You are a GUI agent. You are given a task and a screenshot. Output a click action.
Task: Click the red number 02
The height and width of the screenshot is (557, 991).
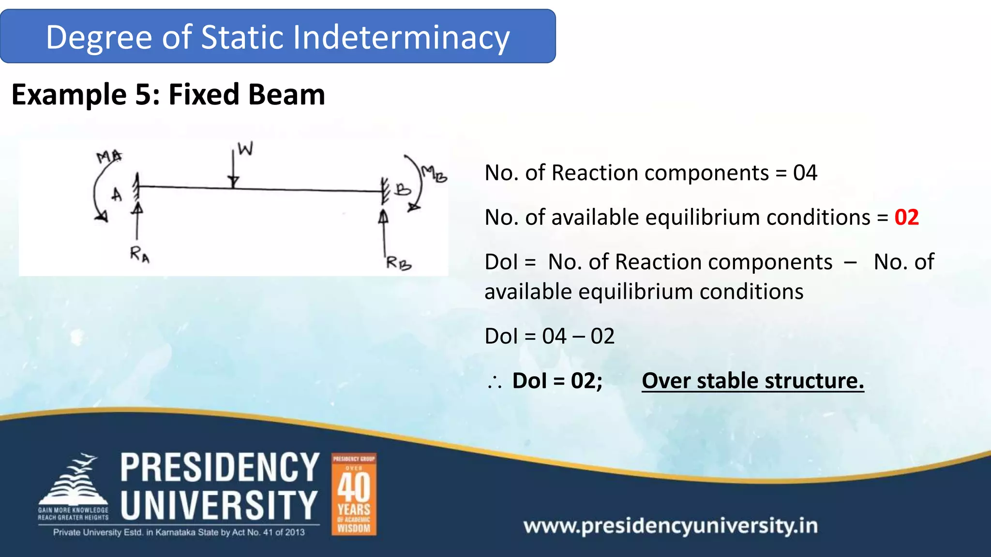(906, 218)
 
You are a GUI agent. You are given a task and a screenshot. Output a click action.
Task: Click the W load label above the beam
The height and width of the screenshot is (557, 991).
(245, 149)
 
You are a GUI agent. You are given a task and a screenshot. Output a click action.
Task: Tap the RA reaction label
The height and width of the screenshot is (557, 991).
(139, 254)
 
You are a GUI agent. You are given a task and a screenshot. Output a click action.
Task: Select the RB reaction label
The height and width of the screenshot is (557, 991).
(398, 264)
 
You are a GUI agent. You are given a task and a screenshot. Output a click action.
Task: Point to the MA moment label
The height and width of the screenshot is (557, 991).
(109, 157)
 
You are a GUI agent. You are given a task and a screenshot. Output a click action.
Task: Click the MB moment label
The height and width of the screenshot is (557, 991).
(434, 174)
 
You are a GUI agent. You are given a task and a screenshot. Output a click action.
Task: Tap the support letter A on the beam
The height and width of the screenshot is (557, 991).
(117, 195)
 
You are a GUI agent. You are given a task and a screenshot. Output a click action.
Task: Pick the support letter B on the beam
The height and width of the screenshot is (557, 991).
(402, 189)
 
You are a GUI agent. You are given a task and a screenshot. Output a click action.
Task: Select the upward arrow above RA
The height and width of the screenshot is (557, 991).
(137, 220)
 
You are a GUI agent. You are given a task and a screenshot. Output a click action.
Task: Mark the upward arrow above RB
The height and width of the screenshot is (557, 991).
(384, 230)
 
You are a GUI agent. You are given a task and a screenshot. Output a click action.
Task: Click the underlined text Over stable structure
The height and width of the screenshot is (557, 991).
(752, 381)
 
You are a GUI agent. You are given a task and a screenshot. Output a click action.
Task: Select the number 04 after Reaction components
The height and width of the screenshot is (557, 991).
(805, 173)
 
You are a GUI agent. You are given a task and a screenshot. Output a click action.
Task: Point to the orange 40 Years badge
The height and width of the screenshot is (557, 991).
(354, 494)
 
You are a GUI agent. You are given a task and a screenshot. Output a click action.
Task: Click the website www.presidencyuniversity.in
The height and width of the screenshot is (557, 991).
(670, 526)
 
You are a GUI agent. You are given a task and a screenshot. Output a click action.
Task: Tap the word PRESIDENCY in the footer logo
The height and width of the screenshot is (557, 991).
(220, 468)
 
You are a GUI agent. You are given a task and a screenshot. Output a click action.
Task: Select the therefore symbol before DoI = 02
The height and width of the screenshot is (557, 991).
(495, 382)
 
